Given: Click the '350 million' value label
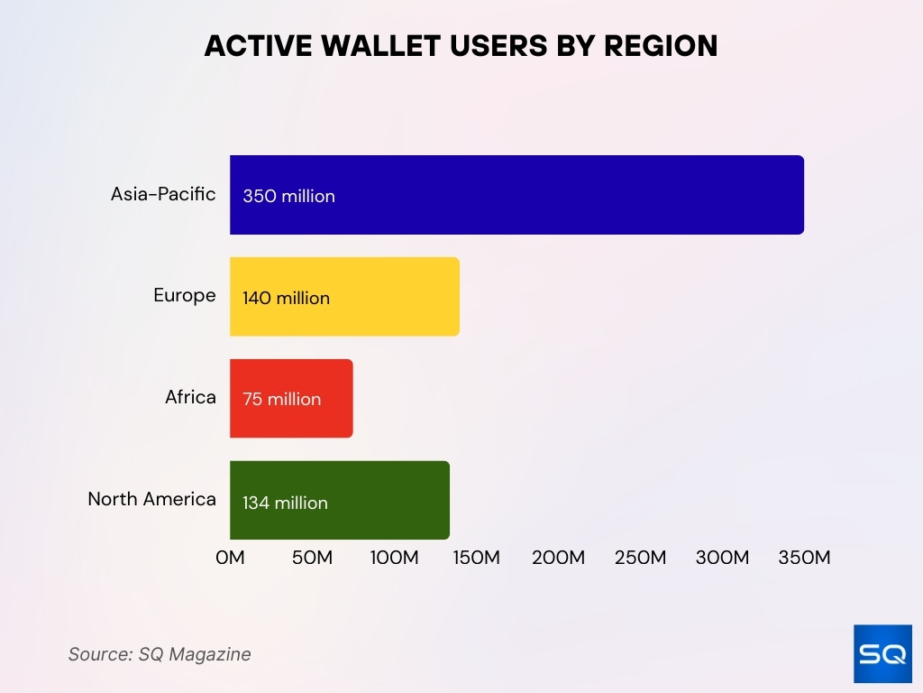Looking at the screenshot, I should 288,197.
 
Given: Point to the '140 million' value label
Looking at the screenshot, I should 286,299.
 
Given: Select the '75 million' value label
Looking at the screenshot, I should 281,400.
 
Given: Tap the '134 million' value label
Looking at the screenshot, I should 285,503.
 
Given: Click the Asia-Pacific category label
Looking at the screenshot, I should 163,194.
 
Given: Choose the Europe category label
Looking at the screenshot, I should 185,296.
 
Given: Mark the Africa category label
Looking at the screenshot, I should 190,398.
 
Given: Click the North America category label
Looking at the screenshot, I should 151,499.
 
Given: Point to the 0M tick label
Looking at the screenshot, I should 230,558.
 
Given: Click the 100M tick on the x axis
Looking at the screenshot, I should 394,558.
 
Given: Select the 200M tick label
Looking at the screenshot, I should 558,558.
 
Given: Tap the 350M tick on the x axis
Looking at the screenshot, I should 803,558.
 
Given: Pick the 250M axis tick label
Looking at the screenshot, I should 640,558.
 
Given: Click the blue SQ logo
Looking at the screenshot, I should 882,653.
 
